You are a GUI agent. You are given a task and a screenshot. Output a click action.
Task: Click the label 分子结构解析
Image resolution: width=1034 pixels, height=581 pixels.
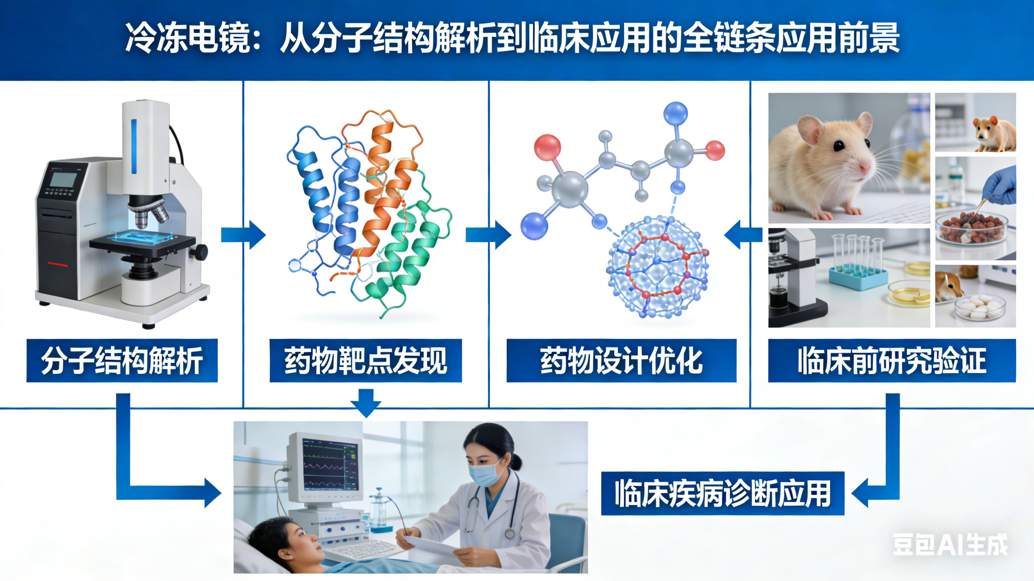click(122, 361)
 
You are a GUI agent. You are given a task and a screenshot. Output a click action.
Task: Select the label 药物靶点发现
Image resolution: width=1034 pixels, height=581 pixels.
click(365, 361)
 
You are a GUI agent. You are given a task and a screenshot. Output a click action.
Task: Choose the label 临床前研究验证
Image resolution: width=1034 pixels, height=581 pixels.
click(892, 361)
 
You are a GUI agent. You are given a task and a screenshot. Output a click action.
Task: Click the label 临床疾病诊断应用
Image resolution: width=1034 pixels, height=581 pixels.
click(723, 493)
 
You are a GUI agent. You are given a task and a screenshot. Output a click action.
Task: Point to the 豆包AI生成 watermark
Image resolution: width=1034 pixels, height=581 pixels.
click(950, 545)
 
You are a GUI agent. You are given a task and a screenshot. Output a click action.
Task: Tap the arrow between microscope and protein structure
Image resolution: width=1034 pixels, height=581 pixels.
click(243, 235)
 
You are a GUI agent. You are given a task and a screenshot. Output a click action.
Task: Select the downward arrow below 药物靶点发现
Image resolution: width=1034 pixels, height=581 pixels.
click(365, 402)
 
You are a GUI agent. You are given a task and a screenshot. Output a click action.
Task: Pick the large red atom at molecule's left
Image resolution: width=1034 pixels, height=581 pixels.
click(547, 147)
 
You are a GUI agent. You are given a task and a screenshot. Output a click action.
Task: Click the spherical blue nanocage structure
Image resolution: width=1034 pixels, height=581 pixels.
click(658, 267)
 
